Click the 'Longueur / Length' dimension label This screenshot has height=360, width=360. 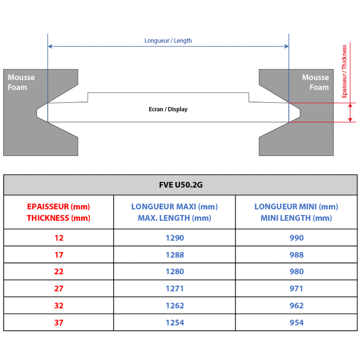(x=168, y=41)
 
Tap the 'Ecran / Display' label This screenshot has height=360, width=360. (x=168, y=109)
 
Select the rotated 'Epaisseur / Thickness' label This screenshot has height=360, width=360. (x=344, y=71)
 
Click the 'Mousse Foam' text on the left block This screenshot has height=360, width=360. (x=21, y=82)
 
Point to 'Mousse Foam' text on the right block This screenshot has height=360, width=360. (x=316, y=82)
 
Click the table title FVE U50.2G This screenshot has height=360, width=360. (x=181, y=185)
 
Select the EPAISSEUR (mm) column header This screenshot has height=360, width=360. (x=58, y=212)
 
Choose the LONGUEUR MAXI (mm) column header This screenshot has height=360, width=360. (x=174, y=212)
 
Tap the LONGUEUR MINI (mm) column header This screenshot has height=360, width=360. (x=296, y=212)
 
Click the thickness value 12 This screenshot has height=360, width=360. (x=59, y=238)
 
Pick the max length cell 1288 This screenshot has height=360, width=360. (x=175, y=255)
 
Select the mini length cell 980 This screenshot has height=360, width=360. (x=296, y=272)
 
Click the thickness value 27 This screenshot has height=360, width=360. (x=58, y=288)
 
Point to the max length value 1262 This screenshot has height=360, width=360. (x=175, y=306)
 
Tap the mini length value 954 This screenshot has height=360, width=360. (x=296, y=322)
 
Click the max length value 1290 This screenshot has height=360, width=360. (x=175, y=238)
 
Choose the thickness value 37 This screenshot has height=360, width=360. (x=58, y=322)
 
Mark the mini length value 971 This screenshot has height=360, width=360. (x=296, y=288)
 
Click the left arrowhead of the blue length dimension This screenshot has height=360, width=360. (x=50, y=46)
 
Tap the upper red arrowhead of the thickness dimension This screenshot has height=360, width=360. (x=350, y=105)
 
